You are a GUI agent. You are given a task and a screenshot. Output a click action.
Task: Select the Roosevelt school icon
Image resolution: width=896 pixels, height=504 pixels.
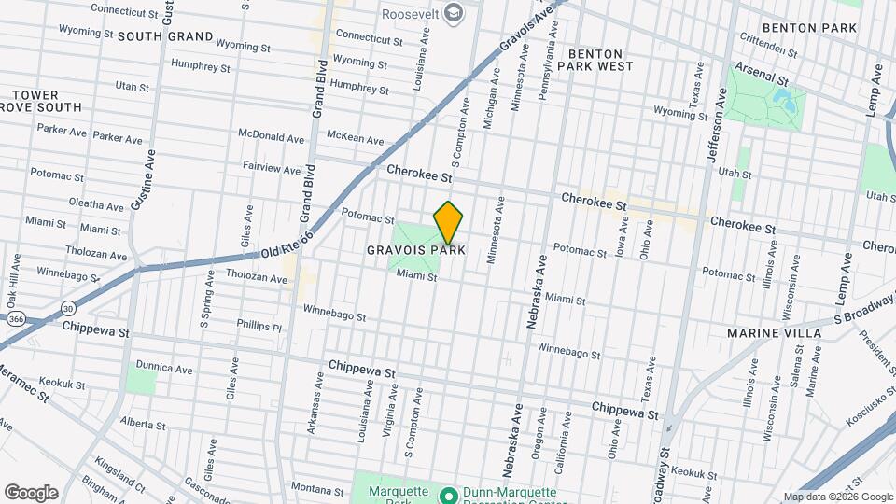pyautogui.click(x=454, y=13)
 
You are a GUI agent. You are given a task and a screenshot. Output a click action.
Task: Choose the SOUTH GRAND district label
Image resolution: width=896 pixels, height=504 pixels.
pyautogui.click(x=164, y=36)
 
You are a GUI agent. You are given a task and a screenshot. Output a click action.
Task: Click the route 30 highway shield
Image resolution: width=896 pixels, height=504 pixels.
pyautogui.click(x=68, y=308)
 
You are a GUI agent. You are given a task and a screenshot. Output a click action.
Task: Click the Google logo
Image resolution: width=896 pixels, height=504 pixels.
pyautogui.click(x=31, y=492)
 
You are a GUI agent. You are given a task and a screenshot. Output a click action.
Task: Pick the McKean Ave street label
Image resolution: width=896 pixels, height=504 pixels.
pyautogui.click(x=355, y=139)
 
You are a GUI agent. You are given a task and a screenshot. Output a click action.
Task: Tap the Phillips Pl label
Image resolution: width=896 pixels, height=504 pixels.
pyautogui.click(x=258, y=327)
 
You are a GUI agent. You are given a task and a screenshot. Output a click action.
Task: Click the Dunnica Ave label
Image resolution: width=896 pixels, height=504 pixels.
pyautogui.click(x=163, y=369)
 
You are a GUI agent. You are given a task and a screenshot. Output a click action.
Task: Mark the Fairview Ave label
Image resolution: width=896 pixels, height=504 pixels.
pyautogui.click(x=272, y=170)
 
